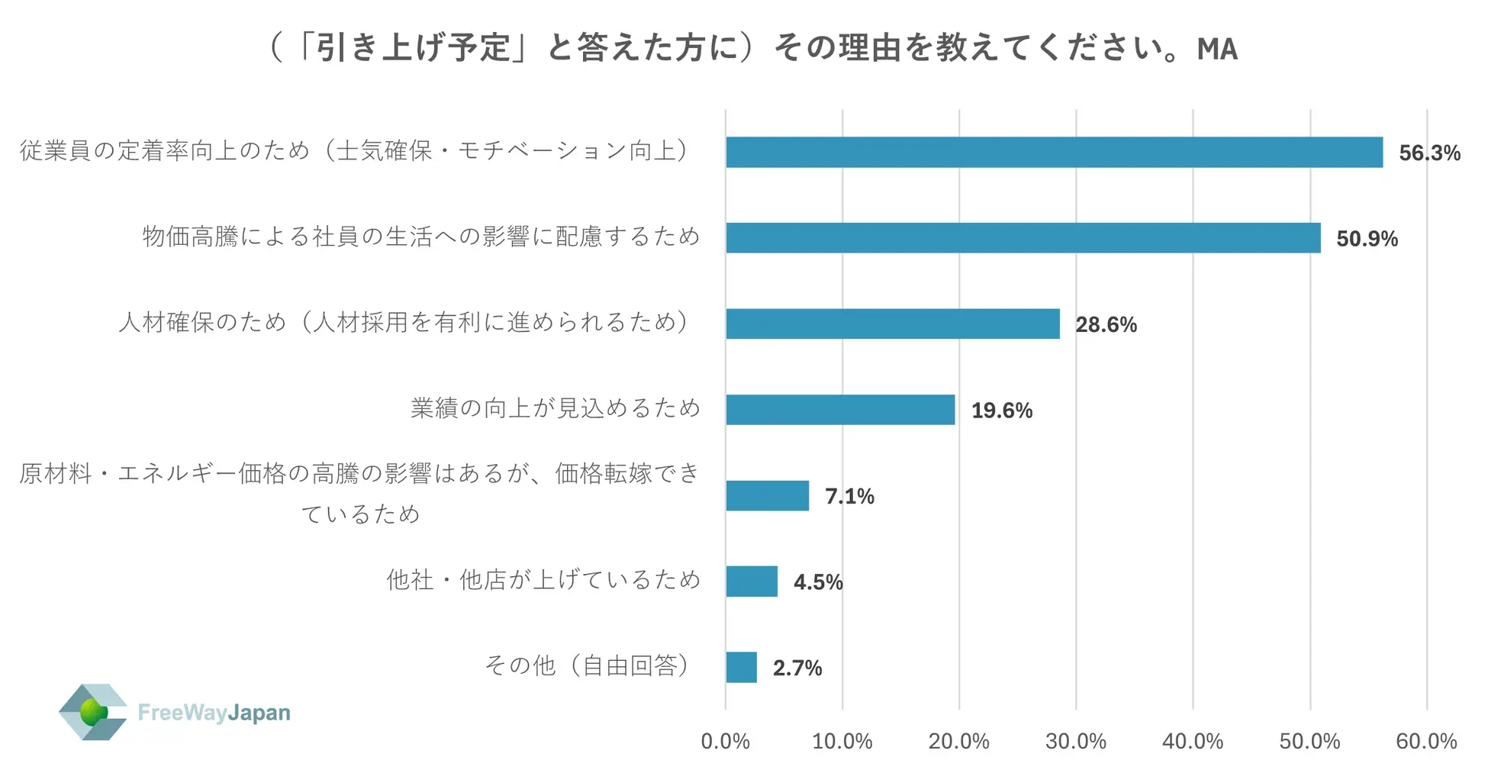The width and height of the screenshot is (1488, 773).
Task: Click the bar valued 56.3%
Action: pos(1053,152)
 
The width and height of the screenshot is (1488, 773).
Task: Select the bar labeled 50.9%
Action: pos(1023,237)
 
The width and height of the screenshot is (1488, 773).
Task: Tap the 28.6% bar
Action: pos(892,324)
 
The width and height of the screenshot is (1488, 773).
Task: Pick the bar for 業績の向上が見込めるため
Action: pos(839,410)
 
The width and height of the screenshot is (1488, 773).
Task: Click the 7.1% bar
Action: pos(767,495)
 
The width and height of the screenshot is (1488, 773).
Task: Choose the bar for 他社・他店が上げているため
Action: pos(752,581)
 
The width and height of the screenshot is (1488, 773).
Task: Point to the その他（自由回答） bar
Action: pos(741,667)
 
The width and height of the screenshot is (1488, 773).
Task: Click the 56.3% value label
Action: pos(1429,153)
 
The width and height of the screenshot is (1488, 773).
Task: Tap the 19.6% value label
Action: pos(1001,411)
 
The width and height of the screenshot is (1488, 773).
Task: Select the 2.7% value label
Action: pos(797,668)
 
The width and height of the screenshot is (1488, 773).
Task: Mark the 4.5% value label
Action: pos(818,582)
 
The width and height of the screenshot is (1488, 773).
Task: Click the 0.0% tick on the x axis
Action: pos(725,741)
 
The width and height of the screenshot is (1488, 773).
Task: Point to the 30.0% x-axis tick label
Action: pos(1075,741)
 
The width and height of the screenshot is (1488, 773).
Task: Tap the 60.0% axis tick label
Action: pos(1426,741)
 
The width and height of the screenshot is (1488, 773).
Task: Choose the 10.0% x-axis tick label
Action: pos(842,741)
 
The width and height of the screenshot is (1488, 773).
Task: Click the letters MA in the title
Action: pos(1216,49)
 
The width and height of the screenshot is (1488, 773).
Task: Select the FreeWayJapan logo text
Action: pos(214,713)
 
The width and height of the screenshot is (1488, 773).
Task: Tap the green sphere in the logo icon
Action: pos(93,712)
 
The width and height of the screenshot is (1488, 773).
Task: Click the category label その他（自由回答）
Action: pos(588,666)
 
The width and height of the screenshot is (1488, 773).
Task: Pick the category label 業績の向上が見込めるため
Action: pos(556,408)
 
